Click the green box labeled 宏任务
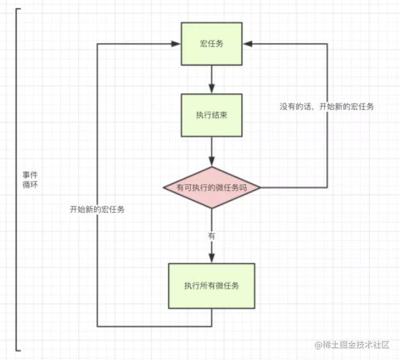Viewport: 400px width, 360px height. pyautogui.click(x=211, y=44)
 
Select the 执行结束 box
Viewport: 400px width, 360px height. pyautogui.click(x=211, y=115)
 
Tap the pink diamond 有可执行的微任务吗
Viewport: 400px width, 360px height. pyautogui.click(x=211, y=187)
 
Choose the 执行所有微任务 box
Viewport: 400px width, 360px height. pyautogui.click(x=211, y=284)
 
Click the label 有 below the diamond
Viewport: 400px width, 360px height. pyautogui.click(x=211, y=235)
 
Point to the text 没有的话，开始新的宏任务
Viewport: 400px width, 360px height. pyautogui.click(x=326, y=107)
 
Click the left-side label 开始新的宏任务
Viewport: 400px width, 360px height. pyautogui.click(x=97, y=209)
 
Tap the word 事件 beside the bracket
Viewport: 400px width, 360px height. pyautogui.click(x=30, y=175)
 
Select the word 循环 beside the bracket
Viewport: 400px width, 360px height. pyautogui.click(x=30, y=185)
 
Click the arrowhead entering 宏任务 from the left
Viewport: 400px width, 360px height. pyautogui.click(x=176, y=44)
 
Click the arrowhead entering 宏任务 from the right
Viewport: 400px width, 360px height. pyautogui.click(x=248, y=44)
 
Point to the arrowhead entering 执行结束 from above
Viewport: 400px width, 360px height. pyautogui.click(x=211, y=89)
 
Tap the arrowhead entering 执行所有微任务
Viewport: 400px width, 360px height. pyautogui.click(x=211, y=258)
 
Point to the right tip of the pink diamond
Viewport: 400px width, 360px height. pyautogui.click(x=261, y=187)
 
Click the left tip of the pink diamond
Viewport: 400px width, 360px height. pyautogui.click(x=162, y=187)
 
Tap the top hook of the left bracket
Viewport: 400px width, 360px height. pyautogui.click(x=18, y=10)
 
